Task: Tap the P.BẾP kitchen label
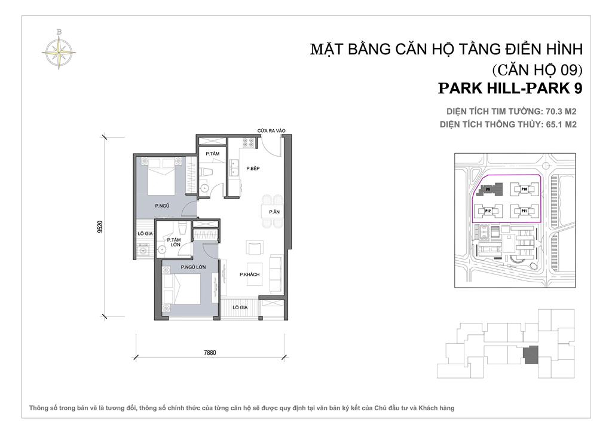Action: (x=240, y=169)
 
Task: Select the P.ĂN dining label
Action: (x=274, y=212)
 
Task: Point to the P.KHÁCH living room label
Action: (x=249, y=275)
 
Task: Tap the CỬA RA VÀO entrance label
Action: (x=272, y=130)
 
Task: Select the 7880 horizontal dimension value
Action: (x=209, y=352)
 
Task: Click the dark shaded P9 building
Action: (x=488, y=190)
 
